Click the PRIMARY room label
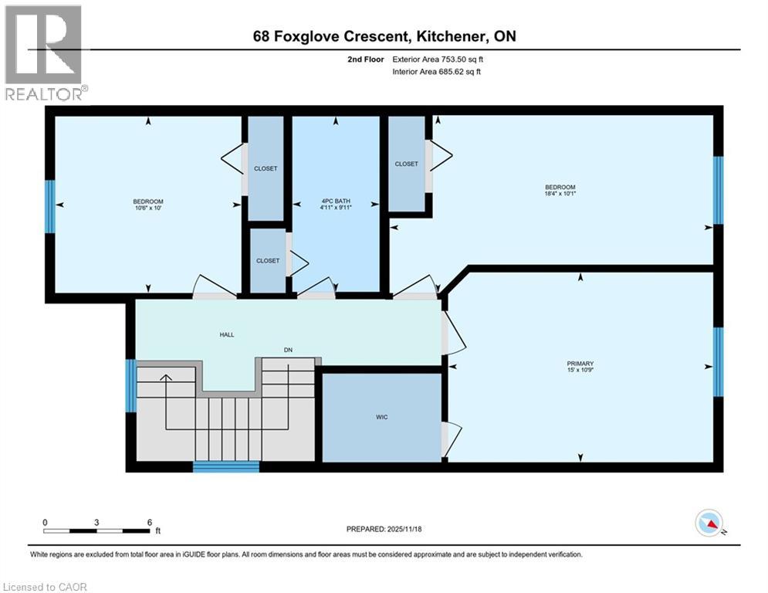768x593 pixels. tap(580, 364)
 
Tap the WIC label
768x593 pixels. tap(382, 417)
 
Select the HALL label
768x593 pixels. tap(227, 335)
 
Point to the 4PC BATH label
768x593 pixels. tap(336, 201)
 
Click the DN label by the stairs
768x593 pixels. tap(288, 350)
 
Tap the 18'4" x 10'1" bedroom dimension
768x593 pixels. tap(560, 194)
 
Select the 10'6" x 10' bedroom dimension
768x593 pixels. tap(148, 208)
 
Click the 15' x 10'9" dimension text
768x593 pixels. tap(580, 370)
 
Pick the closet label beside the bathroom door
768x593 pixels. tap(268, 261)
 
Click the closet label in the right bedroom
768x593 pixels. tap(407, 164)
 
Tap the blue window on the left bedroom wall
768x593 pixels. tap(50, 206)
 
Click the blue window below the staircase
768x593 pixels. tap(226, 466)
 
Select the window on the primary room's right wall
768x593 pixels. tap(718, 361)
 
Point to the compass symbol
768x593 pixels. tap(709, 524)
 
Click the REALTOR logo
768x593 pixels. tap(44, 53)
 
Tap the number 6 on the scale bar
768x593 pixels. tap(150, 523)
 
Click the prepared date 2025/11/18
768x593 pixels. tap(404, 529)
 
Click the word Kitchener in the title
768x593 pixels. tap(451, 36)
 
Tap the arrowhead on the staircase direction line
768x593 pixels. tap(165, 378)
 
